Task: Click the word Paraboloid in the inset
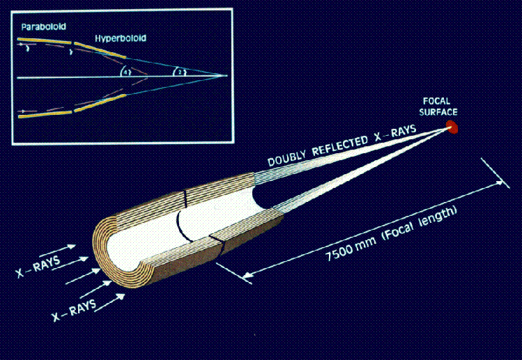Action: click(x=44, y=26)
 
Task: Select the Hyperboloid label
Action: click(x=121, y=38)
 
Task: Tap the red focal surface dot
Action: click(x=452, y=127)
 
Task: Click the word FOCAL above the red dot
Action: click(x=436, y=101)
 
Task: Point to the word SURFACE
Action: click(x=438, y=112)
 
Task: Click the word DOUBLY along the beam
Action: click(x=287, y=158)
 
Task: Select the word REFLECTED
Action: click(x=339, y=145)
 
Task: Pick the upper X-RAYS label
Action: click(x=38, y=267)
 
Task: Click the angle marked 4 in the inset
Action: click(x=125, y=71)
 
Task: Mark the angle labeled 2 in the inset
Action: click(x=179, y=71)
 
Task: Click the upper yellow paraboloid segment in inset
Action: click(x=45, y=41)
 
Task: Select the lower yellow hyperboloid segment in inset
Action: click(x=100, y=103)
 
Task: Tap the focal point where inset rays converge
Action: click(x=225, y=75)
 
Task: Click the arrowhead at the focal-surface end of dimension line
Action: click(x=500, y=182)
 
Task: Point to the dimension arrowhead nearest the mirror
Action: click(x=247, y=275)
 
